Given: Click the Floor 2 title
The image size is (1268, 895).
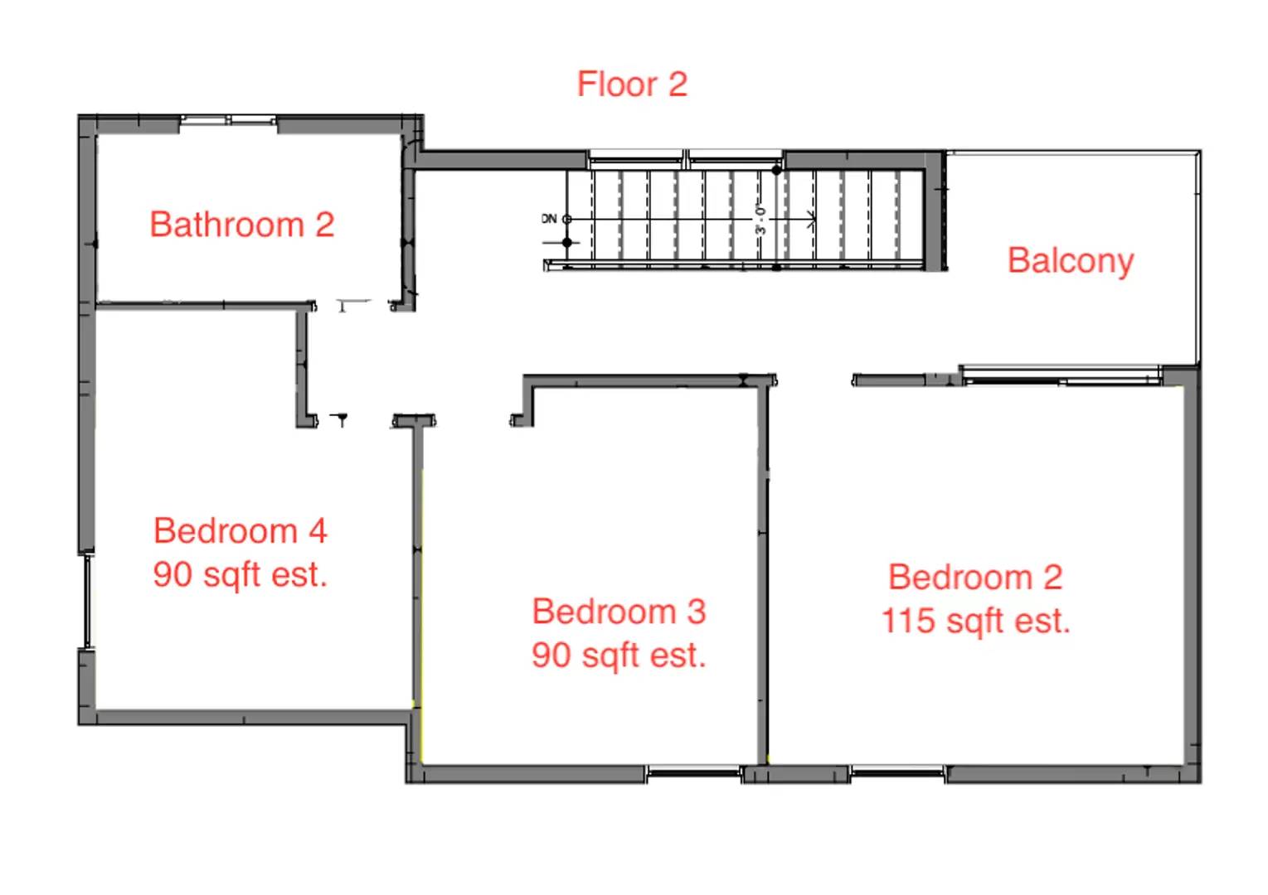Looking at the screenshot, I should point(632,85).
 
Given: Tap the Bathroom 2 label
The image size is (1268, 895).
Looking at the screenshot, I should point(241,225).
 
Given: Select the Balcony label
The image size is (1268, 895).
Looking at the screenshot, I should point(1070,260).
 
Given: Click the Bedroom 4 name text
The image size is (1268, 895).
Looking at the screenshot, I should point(240,530).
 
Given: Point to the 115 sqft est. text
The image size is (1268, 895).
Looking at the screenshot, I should point(975,621).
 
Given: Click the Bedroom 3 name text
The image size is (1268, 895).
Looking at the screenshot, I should point(619,612).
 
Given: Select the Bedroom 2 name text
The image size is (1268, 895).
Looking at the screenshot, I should point(975,577).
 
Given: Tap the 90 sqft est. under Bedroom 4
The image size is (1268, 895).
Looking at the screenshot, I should point(240,574).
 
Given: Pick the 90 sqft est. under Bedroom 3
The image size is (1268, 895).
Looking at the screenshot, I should point(619,656).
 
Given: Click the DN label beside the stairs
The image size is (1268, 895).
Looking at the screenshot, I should point(549,219).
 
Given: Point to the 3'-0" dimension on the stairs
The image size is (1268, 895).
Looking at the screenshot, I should point(759,220).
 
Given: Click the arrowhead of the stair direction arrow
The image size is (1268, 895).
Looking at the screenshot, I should point(812,220).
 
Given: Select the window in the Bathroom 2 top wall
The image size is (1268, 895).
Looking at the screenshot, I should point(228,121).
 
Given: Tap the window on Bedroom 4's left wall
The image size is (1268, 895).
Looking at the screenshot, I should point(86,601).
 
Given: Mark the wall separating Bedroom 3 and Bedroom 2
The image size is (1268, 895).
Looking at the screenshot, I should point(763,572).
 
